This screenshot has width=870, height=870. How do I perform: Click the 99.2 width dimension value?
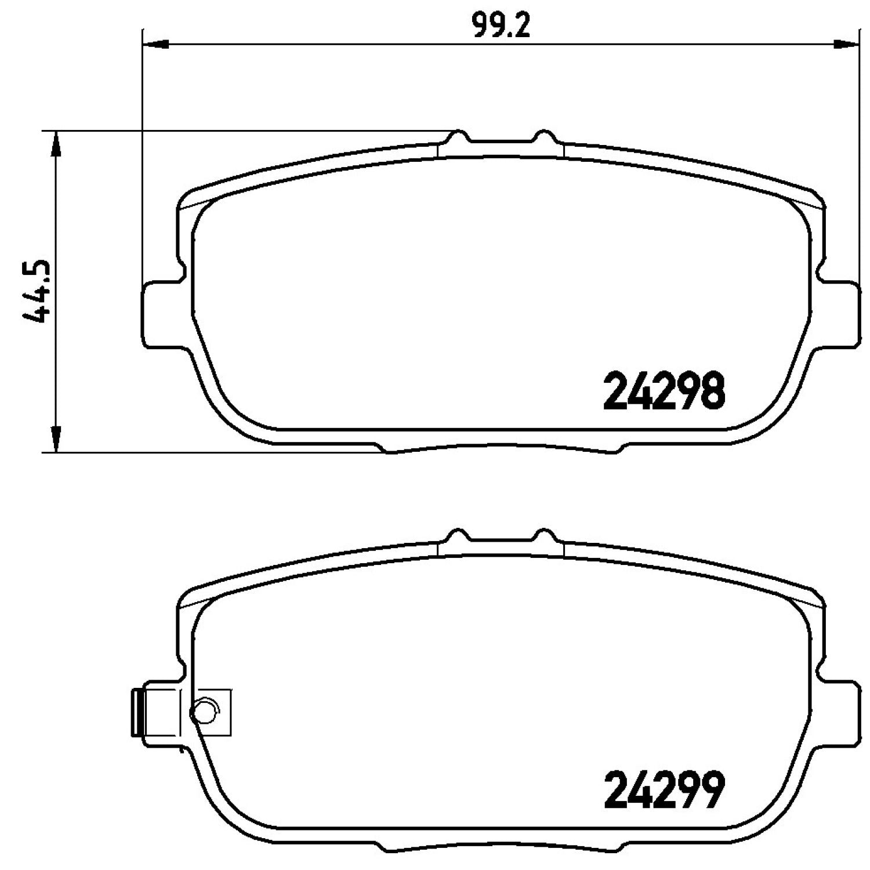click(x=501, y=26)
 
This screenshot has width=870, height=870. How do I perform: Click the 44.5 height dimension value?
click(x=37, y=292)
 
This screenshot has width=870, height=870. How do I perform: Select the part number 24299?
click(x=664, y=789)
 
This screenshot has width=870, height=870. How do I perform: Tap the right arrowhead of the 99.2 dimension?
click(x=846, y=43)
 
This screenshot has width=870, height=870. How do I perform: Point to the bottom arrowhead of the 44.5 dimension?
click(x=56, y=439)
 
